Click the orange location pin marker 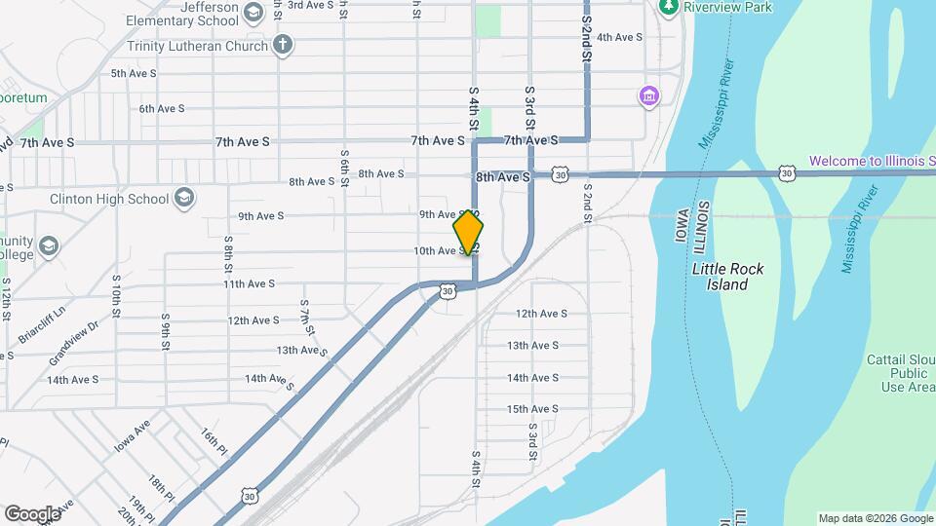point(469,232)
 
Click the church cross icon point(283,44)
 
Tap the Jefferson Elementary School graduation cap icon point(253,12)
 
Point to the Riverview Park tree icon point(668,7)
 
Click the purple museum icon point(648,96)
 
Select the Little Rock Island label point(727,277)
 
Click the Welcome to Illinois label point(872,161)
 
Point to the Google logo point(32,513)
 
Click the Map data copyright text point(874,518)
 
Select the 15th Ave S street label point(531,409)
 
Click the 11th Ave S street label point(249,284)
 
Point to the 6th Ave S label point(162,109)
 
